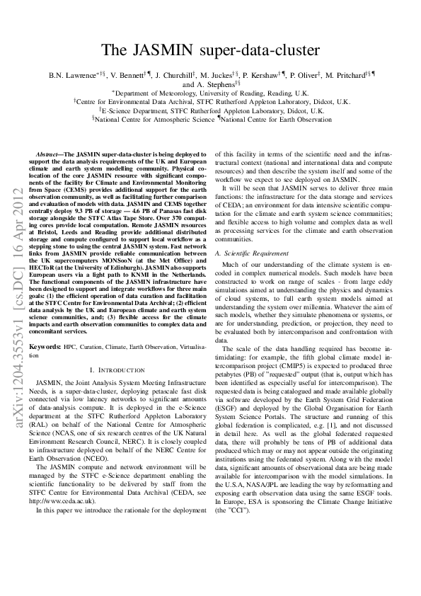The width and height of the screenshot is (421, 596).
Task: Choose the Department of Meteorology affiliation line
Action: (211, 93)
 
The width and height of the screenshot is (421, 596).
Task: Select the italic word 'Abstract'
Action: (50, 153)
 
